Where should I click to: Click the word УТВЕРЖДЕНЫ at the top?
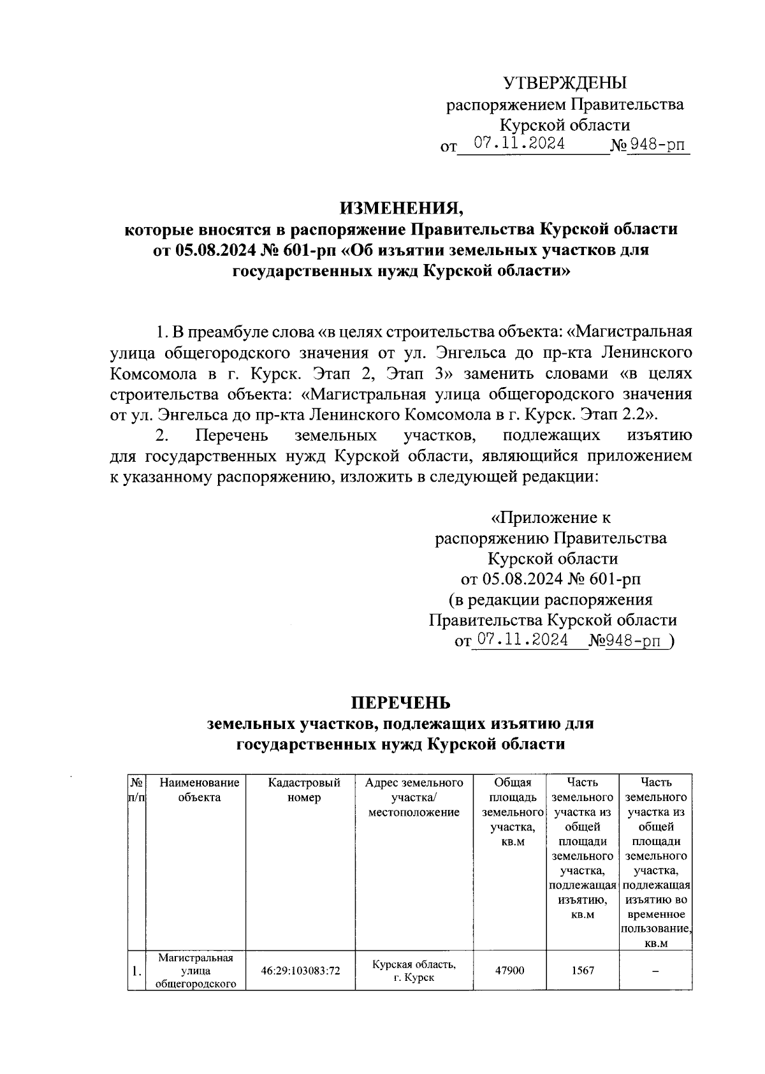[564, 84]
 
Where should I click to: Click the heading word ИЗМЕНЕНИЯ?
[401, 208]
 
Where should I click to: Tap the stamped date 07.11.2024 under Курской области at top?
[519, 144]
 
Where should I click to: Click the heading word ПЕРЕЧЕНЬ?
[401, 702]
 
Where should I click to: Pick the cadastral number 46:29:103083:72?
[300, 971]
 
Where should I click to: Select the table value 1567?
[582, 971]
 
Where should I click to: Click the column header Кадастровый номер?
[303, 790]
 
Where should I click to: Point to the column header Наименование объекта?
[200, 790]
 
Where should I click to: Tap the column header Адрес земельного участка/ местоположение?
[414, 797]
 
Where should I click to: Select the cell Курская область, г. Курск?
[414, 971]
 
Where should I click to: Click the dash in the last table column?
[655, 971]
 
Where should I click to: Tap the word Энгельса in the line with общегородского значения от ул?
[469, 353]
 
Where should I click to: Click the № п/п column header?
[136, 790]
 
